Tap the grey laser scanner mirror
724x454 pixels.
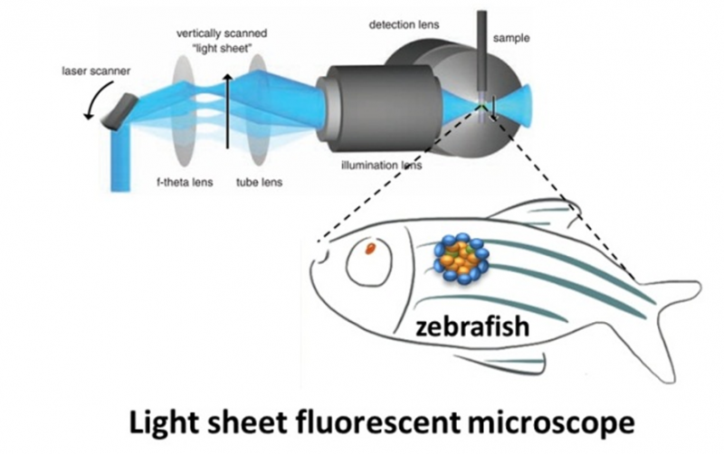click(125, 109)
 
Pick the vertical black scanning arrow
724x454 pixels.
click(227, 118)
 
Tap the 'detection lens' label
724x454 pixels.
click(405, 24)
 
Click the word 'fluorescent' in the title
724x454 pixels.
click(420, 421)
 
